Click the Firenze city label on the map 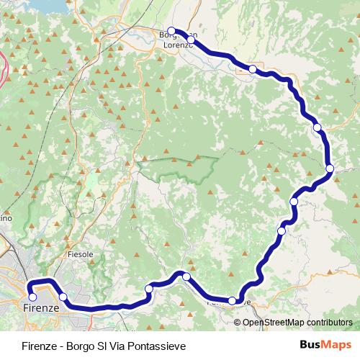[36, 308]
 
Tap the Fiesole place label [80, 254]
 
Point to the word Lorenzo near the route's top [177, 45]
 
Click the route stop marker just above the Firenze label [32, 297]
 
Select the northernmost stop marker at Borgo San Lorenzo [171, 31]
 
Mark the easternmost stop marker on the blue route [330, 168]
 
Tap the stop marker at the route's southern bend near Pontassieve [232, 300]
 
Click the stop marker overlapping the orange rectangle [252, 69]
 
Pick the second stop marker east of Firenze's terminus [149, 289]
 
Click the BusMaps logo [325, 346]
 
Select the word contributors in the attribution [330, 323]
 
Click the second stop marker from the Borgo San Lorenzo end [191, 40]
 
